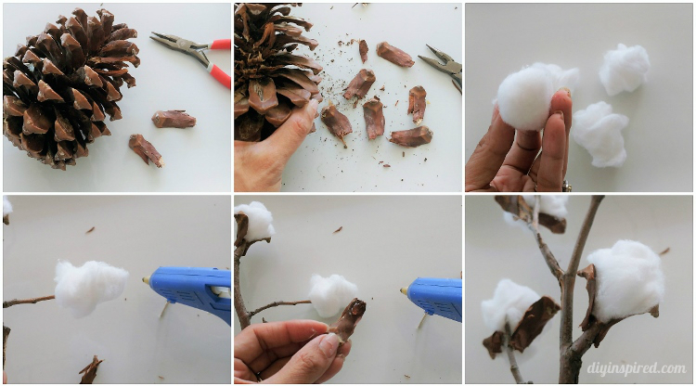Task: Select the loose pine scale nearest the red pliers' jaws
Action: [174, 119]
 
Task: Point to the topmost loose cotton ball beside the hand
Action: [625, 68]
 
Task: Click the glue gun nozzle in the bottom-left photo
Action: [147, 279]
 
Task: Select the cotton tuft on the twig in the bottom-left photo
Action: [90, 286]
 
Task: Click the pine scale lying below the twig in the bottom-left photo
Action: [90, 370]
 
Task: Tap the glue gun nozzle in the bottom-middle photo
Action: [405, 290]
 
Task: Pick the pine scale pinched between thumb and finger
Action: [350, 319]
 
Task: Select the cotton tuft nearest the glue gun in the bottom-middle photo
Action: [332, 294]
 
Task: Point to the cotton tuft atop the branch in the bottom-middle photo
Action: [255, 221]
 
